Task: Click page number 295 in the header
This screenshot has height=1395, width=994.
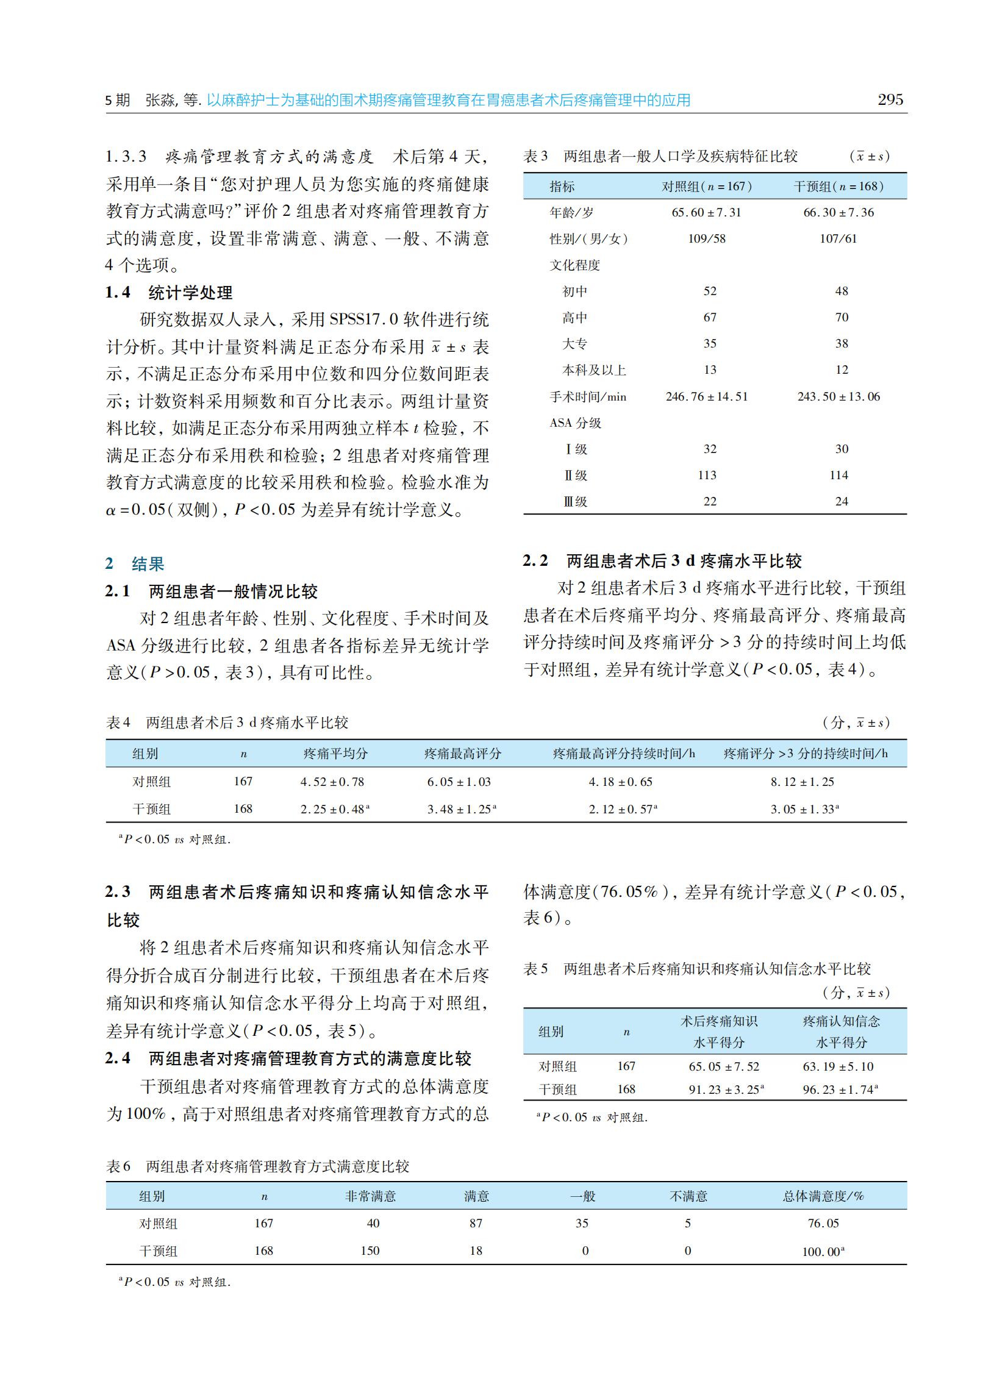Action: tap(890, 100)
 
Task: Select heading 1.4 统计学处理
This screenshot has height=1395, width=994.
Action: tap(169, 293)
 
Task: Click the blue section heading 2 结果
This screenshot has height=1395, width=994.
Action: tap(135, 563)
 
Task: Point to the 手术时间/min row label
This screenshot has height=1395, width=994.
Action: tap(588, 396)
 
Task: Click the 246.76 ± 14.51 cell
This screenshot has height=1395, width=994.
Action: tap(706, 396)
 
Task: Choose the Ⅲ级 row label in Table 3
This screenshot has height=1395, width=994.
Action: tap(575, 502)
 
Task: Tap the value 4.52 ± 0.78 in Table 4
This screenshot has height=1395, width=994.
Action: tap(332, 781)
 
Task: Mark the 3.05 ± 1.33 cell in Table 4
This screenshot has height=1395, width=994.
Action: tap(804, 809)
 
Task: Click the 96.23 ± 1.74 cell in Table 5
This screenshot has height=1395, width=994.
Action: tap(840, 1089)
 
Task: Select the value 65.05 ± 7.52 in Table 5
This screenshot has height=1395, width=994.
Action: tap(723, 1066)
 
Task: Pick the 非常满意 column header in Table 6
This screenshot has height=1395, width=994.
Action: tap(370, 1196)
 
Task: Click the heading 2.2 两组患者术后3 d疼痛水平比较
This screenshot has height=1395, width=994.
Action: tap(662, 560)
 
